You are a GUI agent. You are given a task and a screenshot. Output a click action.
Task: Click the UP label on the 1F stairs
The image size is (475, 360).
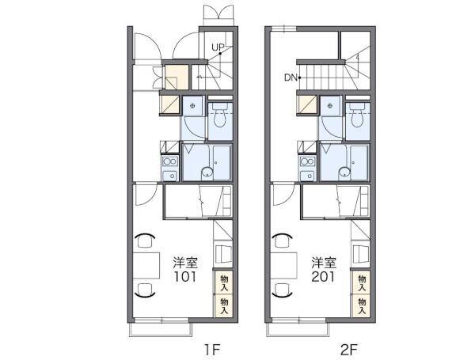[x=218, y=47]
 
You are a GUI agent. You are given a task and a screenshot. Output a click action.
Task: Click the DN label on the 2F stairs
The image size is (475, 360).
[x=291, y=78]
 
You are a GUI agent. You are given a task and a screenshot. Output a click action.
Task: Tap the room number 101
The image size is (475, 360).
[x=184, y=277]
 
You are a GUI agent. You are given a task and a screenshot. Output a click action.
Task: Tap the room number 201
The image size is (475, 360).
[x=323, y=277]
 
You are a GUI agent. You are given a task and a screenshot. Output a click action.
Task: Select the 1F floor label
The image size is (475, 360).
[x=211, y=350]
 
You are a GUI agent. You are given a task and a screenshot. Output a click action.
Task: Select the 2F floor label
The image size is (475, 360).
[x=349, y=350]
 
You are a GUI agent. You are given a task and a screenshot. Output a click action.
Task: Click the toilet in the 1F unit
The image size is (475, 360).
[x=220, y=116]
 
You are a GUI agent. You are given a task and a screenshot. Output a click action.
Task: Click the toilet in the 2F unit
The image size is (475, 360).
[x=358, y=116]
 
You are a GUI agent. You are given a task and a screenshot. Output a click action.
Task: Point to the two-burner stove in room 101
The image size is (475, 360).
[x=169, y=161]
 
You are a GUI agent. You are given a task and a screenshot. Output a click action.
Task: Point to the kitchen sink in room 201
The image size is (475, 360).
[x=307, y=176]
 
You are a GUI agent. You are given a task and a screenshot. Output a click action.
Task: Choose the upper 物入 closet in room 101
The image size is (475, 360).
[x=223, y=282]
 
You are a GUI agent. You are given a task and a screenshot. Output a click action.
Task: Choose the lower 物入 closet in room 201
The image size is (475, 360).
[x=362, y=306]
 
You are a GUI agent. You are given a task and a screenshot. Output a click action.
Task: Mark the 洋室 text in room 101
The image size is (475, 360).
[x=185, y=263]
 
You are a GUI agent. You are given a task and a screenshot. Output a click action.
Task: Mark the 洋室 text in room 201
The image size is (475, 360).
[x=324, y=263]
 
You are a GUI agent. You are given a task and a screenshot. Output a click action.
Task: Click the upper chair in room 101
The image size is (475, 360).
[x=145, y=241]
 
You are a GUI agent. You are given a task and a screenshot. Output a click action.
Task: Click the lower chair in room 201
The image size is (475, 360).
[x=283, y=289]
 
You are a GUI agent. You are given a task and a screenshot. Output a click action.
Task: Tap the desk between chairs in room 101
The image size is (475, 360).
[x=146, y=265]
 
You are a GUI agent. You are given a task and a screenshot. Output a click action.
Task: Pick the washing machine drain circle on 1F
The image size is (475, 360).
[x=192, y=106]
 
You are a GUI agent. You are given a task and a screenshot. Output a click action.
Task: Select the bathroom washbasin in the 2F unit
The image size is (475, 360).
[x=344, y=172]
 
